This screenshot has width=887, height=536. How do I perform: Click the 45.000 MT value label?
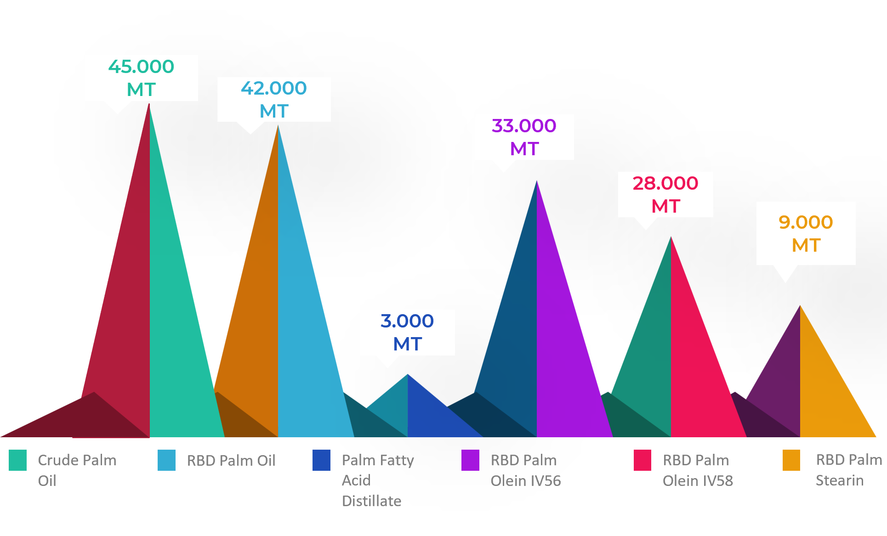pos(141,78)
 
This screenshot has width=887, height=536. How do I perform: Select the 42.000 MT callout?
pos(274,99)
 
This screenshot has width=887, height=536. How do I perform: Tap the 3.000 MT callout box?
pos(407,332)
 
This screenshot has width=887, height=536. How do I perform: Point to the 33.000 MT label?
pos(524,137)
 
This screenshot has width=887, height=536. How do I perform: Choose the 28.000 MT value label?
pos(665,194)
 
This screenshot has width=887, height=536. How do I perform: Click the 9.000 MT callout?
pos(806,233)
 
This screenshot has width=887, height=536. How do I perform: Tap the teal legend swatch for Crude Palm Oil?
pos(18,460)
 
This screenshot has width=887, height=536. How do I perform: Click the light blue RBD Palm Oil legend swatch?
pos(166,460)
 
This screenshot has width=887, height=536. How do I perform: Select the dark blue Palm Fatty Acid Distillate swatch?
pos(321,460)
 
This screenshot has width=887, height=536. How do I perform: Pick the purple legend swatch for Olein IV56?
pos(470,460)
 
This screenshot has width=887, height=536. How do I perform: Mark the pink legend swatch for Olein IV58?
pos(642,460)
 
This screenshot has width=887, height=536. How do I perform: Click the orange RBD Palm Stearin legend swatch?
pos(791,460)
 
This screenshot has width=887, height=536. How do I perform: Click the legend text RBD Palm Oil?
pos(231,460)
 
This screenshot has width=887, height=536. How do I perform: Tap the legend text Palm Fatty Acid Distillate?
pos(378,480)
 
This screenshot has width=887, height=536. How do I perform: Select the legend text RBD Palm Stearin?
pos(848,470)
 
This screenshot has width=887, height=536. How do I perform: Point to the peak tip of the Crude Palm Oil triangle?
pos(149,104)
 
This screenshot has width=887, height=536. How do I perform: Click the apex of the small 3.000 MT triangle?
pos(408,375)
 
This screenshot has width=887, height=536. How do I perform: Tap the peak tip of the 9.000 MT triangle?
pos(800,306)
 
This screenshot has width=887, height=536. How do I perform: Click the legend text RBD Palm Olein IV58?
pos(698,470)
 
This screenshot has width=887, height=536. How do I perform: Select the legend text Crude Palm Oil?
pos(77,470)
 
